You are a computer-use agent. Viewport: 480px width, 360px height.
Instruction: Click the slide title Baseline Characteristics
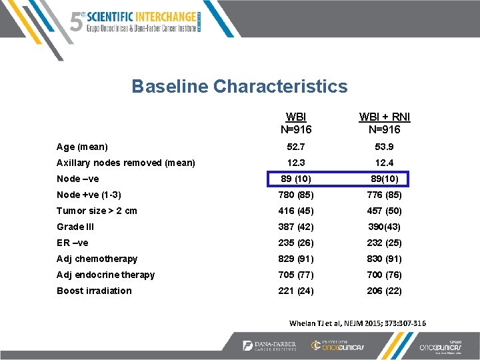click(239, 87)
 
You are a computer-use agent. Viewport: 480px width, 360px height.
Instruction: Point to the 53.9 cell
click(385, 147)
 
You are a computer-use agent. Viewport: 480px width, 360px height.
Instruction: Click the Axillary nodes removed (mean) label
click(126, 163)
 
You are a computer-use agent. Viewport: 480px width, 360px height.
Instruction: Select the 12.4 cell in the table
click(385, 163)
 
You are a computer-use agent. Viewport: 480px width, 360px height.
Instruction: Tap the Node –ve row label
click(78, 179)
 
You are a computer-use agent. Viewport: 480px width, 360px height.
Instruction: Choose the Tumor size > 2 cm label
click(97, 211)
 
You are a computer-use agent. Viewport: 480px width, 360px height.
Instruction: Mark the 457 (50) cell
click(385, 211)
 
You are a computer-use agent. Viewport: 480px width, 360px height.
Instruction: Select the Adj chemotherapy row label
click(97, 259)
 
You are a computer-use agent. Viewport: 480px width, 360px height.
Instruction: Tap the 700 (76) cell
click(385, 275)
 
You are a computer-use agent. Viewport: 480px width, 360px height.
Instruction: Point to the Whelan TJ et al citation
click(358, 323)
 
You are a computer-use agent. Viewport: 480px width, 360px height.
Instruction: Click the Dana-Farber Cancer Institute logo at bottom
click(269, 345)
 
